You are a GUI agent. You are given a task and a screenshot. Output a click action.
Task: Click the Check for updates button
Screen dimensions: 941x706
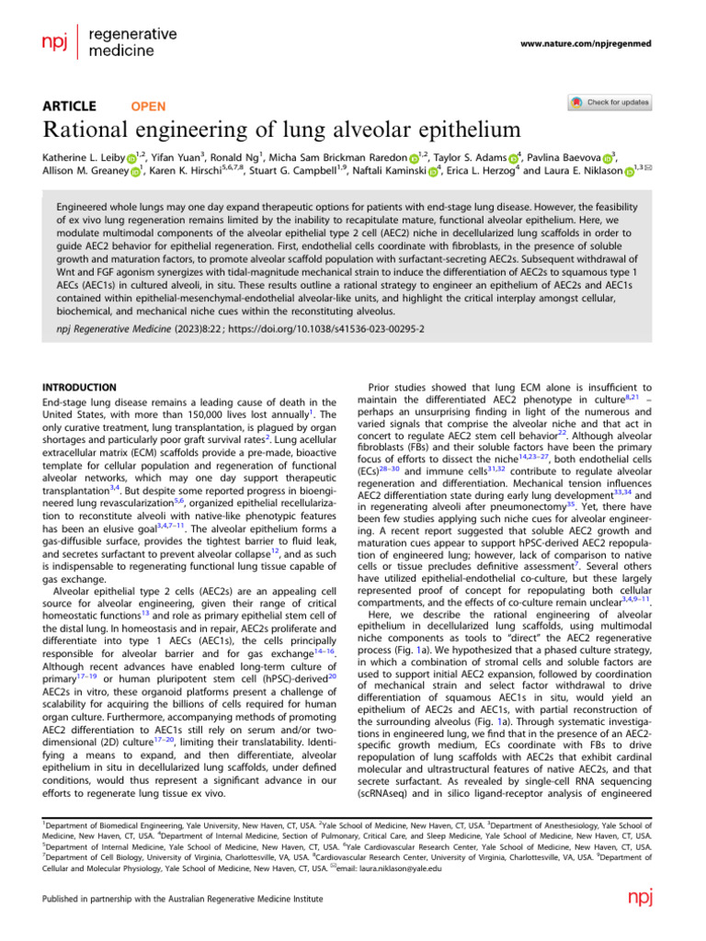tap(610, 102)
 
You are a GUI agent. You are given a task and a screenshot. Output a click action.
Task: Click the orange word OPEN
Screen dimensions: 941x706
tap(149, 107)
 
